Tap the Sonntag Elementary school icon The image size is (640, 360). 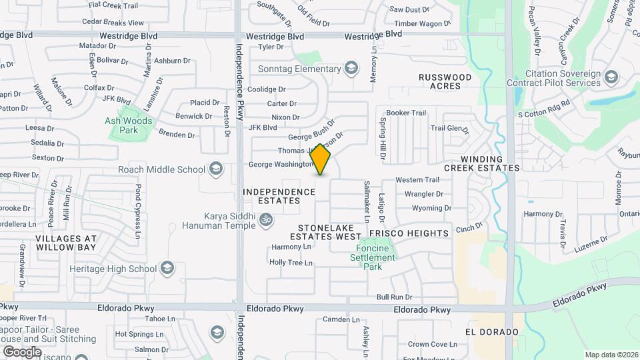[351, 69]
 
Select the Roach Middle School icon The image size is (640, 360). [215, 169]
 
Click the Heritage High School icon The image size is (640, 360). [167, 269]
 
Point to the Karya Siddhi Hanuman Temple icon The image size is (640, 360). [266, 219]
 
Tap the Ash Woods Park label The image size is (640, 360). [129, 125]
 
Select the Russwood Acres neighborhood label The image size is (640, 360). [445, 81]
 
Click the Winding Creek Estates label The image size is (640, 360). [491, 163]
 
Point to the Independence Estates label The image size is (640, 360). [279, 197]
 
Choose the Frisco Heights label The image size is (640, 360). [409, 233]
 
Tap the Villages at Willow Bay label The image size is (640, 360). [66, 243]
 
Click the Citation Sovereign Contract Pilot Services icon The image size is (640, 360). [611, 79]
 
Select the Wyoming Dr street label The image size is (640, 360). [427, 208]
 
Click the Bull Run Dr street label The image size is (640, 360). [394, 297]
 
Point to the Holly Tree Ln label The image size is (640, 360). [291, 263]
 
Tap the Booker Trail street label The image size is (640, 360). [406, 113]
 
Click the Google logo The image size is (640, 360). [22, 351]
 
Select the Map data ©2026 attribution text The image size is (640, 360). [611, 355]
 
